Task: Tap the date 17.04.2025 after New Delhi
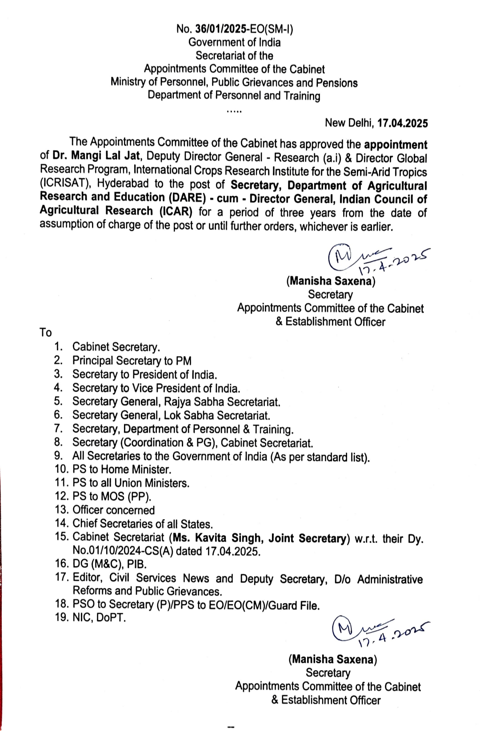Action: coord(402,123)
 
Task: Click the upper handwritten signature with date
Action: coord(378,258)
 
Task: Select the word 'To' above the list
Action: coord(46,333)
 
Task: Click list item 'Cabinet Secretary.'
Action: coord(116,347)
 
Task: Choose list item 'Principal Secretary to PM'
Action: coord(132,361)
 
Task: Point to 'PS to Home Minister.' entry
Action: coord(121,469)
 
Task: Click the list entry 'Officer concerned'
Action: coord(113,510)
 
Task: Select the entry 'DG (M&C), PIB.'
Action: coord(109,564)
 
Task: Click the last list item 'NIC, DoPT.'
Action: coord(99,618)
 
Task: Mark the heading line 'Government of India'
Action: coord(234,43)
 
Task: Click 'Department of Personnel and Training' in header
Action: coord(234,96)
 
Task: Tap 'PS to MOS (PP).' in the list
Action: coord(112,497)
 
